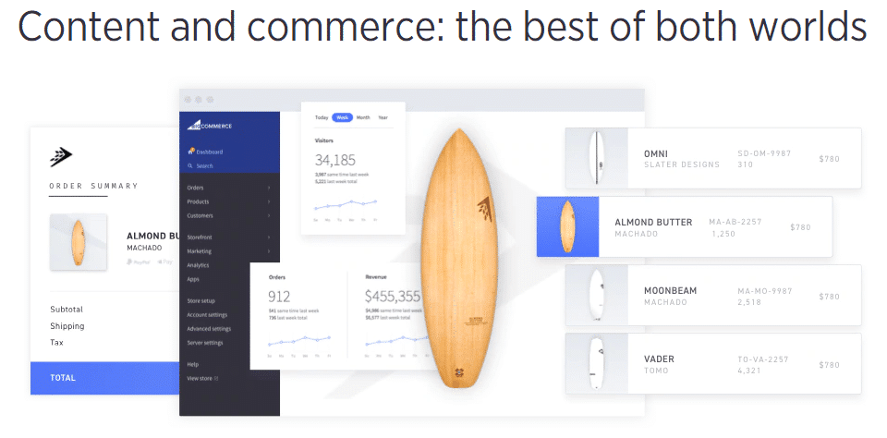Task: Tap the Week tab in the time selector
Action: [342, 117]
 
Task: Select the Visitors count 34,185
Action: [335, 160]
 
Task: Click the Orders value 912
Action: [279, 297]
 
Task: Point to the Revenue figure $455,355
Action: [392, 297]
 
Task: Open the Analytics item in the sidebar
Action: [198, 265]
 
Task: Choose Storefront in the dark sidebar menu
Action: [200, 237]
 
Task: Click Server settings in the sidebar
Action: [204, 343]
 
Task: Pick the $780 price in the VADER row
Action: [829, 365]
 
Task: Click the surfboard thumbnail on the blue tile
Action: [567, 227]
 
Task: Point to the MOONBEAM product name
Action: [670, 290]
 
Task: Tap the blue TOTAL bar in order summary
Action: [104, 377]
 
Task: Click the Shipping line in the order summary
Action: [67, 326]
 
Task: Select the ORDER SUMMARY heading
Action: [93, 186]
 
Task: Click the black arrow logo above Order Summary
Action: [61, 156]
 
